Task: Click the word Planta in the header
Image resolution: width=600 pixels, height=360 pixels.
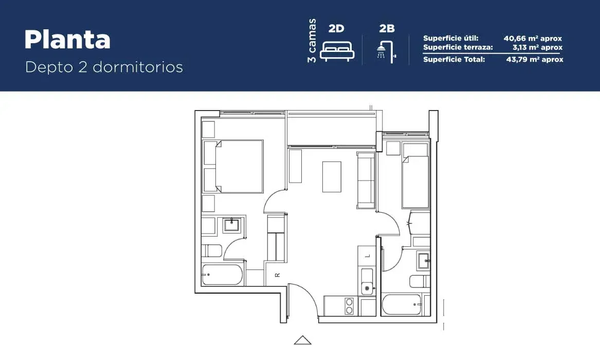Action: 67,40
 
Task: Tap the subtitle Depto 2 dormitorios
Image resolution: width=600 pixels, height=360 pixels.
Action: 104,67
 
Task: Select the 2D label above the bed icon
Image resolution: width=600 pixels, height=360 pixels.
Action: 336,28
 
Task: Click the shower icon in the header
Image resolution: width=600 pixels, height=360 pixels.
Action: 386,51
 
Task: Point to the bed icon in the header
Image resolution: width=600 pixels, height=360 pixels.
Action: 337,51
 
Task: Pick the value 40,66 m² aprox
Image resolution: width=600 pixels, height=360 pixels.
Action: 533,38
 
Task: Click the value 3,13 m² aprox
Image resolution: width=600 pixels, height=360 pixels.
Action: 538,47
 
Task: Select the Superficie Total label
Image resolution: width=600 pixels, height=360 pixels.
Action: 454,59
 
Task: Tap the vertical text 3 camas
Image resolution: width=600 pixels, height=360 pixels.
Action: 312,41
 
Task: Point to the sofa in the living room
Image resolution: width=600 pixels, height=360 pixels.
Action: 366,180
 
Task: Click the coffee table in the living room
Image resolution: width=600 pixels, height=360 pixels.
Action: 332,177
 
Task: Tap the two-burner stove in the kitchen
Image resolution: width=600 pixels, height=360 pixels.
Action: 349,306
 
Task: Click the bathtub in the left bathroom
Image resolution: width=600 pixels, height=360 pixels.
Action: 222,275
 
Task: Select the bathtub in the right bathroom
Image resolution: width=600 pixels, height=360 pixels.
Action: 402,304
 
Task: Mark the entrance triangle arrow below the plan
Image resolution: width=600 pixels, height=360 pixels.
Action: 303,340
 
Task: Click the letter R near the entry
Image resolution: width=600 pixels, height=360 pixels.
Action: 278,275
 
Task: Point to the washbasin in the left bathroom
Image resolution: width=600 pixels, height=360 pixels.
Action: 231,225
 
